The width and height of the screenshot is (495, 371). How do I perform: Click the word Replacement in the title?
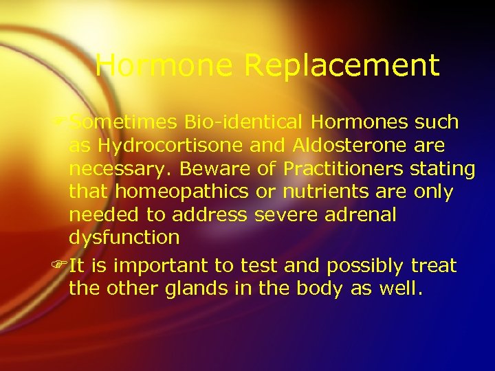[342, 66]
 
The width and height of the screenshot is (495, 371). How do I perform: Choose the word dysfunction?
[124, 238]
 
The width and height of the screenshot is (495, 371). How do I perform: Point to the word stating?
[441, 168]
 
